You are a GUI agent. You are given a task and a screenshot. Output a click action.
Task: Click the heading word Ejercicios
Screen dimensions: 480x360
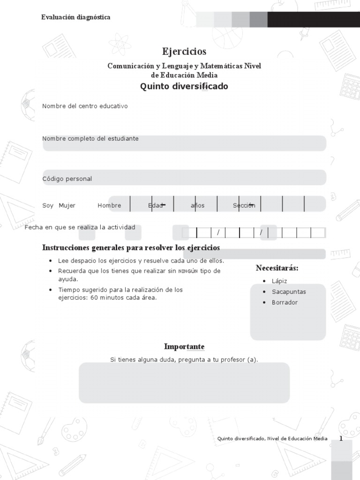[184, 52]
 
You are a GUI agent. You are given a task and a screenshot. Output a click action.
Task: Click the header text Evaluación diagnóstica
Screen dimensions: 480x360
[76, 17]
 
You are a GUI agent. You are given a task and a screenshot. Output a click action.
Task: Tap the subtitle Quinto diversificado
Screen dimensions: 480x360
[184, 87]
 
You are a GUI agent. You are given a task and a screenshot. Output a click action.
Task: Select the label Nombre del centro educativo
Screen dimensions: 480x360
[85, 106]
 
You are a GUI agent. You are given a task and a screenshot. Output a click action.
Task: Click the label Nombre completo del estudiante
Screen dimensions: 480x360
[90, 139]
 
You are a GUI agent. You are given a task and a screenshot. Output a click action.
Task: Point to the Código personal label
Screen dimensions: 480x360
[67, 179]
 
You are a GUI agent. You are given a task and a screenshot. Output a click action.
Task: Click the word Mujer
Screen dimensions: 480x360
[67, 206]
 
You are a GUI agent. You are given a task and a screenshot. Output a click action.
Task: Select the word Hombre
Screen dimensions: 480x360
[109, 206]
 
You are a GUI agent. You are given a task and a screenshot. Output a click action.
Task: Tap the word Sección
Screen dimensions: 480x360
[244, 206]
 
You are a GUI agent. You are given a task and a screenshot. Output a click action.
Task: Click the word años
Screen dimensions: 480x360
[197, 206]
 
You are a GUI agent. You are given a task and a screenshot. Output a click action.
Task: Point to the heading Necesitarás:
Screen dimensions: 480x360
[277, 268]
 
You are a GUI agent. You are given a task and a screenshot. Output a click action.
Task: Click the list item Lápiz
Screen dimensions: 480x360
[279, 281]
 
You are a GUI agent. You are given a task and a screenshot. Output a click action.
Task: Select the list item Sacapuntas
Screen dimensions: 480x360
[289, 292]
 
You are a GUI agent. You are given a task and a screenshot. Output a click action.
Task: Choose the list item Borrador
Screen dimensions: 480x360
[285, 303]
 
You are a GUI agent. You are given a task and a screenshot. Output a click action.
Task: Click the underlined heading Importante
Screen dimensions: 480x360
[184, 347]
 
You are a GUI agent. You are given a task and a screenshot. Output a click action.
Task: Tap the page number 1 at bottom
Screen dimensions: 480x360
[341, 439]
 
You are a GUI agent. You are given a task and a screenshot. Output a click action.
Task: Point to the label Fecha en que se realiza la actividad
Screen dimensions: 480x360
[80, 228]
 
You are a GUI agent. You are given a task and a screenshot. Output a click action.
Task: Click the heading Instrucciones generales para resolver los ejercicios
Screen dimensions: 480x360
[131, 247]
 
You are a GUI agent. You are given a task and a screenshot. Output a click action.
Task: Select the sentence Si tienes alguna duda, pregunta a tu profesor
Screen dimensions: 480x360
[184, 360]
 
